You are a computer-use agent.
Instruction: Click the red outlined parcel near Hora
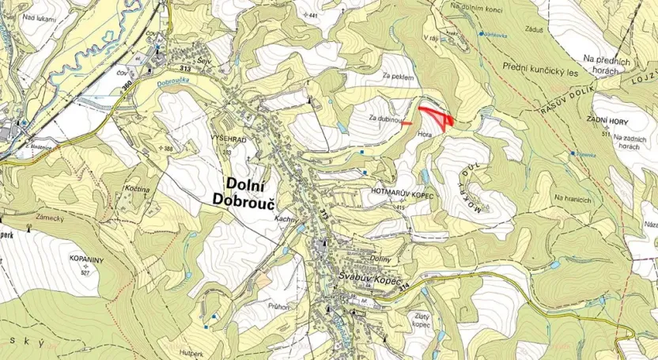(437, 116)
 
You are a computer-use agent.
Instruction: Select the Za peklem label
(398, 77)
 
